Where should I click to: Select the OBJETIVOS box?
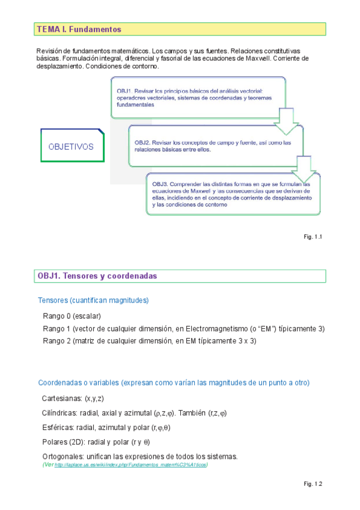[x=71, y=146]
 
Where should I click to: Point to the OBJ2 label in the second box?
[x=144, y=143]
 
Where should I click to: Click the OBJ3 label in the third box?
[x=162, y=184]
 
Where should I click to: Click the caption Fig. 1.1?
[x=314, y=237]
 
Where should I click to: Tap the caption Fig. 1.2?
[x=314, y=484]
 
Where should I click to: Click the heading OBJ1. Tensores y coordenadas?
[x=97, y=275]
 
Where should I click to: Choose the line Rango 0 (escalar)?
[x=72, y=316]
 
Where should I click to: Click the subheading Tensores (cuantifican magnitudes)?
[x=93, y=300]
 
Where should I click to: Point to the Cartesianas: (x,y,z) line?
[x=73, y=399]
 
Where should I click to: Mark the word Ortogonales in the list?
[x=63, y=456]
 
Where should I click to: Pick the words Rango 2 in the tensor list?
[x=56, y=340]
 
